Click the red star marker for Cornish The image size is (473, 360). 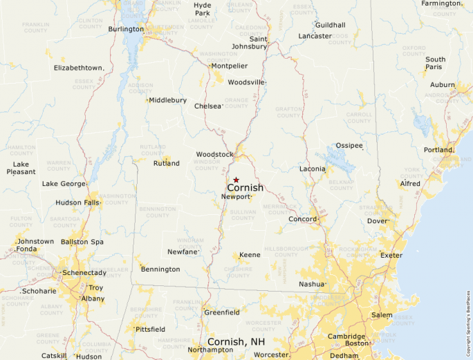pyautogui.click(x=236, y=180)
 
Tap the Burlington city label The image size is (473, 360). pyautogui.click(x=125, y=29)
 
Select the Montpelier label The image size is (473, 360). pyautogui.click(x=229, y=66)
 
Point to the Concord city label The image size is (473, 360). pyautogui.click(x=302, y=219)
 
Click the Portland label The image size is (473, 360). pyautogui.click(x=438, y=150)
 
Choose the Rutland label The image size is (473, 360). pyautogui.click(x=166, y=164)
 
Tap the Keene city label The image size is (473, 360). pyautogui.click(x=250, y=255)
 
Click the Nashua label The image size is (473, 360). pyautogui.click(x=311, y=284)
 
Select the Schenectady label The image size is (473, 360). pyautogui.click(x=84, y=273)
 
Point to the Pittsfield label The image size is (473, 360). pyautogui.click(x=150, y=329)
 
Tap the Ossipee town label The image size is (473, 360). pyautogui.click(x=349, y=146)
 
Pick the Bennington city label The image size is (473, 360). pyautogui.click(x=160, y=269)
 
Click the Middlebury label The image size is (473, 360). pyautogui.click(x=167, y=100)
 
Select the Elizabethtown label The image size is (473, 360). pyautogui.click(x=79, y=68)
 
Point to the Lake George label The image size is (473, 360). pyautogui.click(x=64, y=184)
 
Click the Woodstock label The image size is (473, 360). pyautogui.click(x=214, y=154)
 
